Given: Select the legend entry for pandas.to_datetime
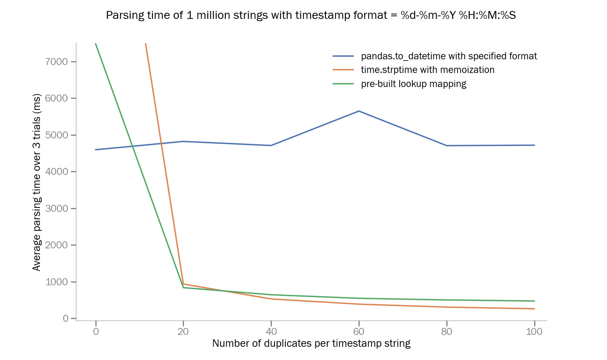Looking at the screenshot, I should (x=449, y=56).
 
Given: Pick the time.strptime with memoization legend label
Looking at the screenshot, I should (x=427, y=70).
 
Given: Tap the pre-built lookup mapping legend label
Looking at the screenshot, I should (x=413, y=84).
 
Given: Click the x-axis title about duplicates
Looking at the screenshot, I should (x=311, y=343).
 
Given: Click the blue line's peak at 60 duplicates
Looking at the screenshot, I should (x=359, y=111).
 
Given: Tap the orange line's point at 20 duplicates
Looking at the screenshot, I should (x=183, y=284).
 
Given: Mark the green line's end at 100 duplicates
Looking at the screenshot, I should (x=534, y=301).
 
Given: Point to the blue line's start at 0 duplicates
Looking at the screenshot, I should (x=96, y=149).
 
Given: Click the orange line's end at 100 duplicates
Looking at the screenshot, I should (x=534, y=309).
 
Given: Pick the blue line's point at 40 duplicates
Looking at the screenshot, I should (x=271, y=145).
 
